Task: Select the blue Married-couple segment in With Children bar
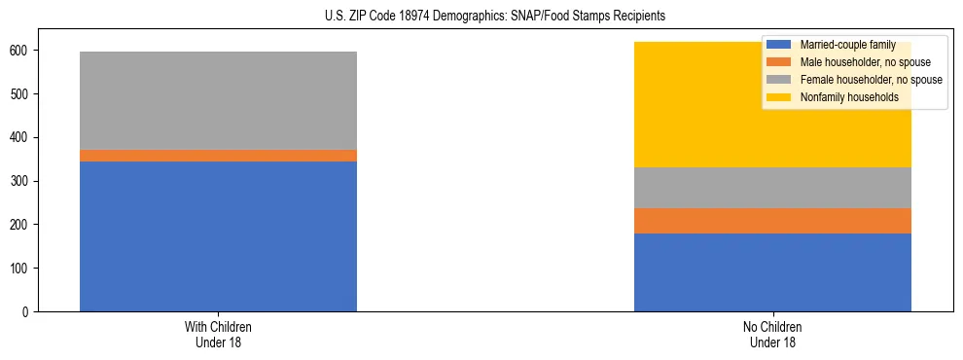218,236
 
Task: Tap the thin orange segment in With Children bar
218,156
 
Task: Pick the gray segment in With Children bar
218,100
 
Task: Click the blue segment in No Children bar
772,272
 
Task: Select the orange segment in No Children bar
772,221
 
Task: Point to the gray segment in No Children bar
772,188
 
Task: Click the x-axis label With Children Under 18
218,335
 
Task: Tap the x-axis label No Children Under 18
772,335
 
